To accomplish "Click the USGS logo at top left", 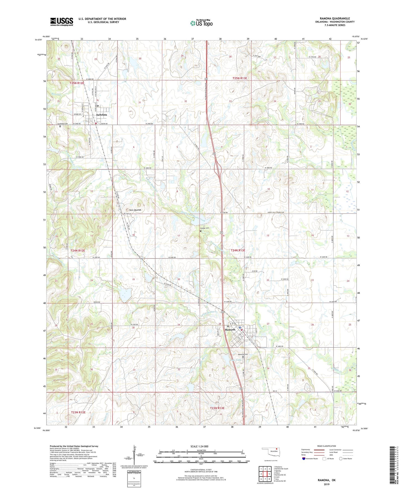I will tap(61, 22).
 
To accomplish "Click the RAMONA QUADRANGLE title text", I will tap(334, 18).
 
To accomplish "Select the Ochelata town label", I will tap(101, 115).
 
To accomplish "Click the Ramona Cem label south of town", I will tap(243, 354).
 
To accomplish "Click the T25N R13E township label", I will tap(240, 78).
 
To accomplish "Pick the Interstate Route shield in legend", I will tap(304, 459).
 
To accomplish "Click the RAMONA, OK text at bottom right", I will tap(327, 480).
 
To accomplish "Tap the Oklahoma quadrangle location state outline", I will tap(270, 452).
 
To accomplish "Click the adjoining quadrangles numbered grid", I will tap(265, 474).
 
